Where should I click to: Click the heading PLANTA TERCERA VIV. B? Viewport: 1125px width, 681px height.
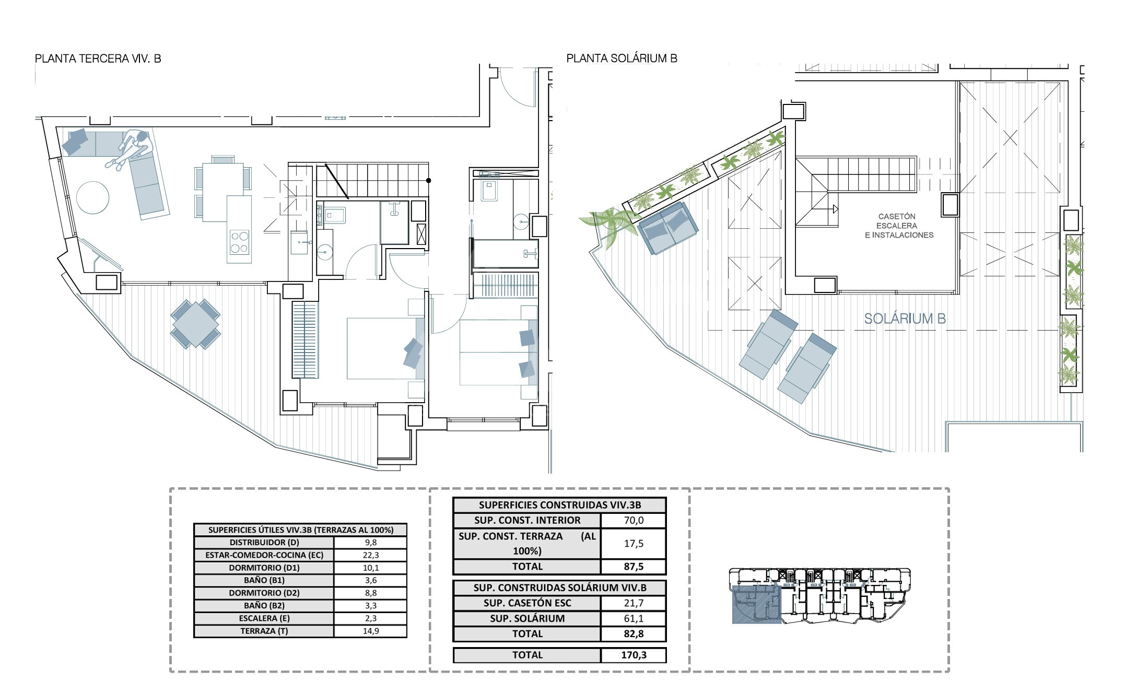[98, 58]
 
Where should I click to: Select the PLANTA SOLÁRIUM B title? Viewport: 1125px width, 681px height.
[622, 58]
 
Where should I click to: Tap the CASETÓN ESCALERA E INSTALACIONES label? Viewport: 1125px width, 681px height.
[899, 226]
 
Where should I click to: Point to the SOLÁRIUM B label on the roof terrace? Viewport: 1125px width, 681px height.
[905, 319]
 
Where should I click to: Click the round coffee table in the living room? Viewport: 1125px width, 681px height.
[93, 197]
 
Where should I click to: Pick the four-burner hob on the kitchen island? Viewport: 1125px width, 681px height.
[239, 242]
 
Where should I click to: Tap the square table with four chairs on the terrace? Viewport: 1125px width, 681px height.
[195, 324]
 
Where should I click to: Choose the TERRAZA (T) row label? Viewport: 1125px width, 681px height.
[264, 631]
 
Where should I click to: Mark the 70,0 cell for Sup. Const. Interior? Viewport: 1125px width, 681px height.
[634, 520]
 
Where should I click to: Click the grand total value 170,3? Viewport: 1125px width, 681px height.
[634, 655]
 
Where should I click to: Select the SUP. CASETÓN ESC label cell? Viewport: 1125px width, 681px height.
[528, 603]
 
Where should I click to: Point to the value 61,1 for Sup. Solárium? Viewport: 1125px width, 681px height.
[634, 618]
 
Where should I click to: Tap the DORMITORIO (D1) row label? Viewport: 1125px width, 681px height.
[264, 568]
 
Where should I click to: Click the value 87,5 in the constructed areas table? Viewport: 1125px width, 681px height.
[634, 567]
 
